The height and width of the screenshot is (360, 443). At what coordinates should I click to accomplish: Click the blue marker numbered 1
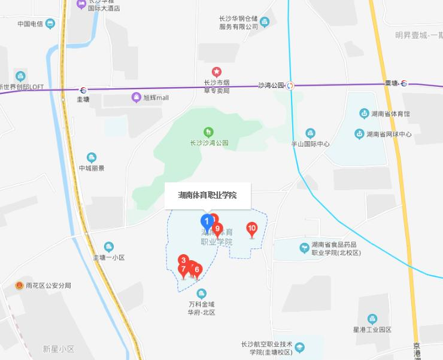(207, 221)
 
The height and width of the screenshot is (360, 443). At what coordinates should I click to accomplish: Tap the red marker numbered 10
(252, 228)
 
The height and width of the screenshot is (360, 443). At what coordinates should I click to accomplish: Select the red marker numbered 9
(217, 228)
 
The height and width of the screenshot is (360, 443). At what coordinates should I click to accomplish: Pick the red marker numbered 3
(183, 260)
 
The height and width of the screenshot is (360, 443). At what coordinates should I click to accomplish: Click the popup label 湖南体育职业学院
(207, 196)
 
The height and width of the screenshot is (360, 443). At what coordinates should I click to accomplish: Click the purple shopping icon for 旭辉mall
(137, 97)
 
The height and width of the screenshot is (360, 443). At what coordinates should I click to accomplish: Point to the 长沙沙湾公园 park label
(209, 144)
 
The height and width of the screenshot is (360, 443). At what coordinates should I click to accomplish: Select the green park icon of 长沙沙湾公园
(208, 132)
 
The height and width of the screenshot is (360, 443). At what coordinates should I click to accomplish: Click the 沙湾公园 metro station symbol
(290, 86)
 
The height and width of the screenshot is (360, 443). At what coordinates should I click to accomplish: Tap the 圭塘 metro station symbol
(83, 90)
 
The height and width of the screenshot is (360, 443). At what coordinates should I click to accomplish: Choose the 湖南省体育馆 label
(390, 114)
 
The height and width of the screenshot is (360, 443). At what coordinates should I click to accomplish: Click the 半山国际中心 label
(310, 144)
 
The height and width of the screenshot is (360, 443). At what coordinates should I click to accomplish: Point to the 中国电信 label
(30, 25)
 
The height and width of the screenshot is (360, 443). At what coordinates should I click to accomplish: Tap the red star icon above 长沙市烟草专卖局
(217, 72)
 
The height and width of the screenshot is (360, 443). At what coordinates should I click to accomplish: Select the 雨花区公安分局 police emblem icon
(20, 286)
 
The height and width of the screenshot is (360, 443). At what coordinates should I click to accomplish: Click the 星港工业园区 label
(372, 330)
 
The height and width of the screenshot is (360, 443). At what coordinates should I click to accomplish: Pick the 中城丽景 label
(92, 168)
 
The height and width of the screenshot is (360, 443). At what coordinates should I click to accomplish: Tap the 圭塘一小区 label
(108, 258)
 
